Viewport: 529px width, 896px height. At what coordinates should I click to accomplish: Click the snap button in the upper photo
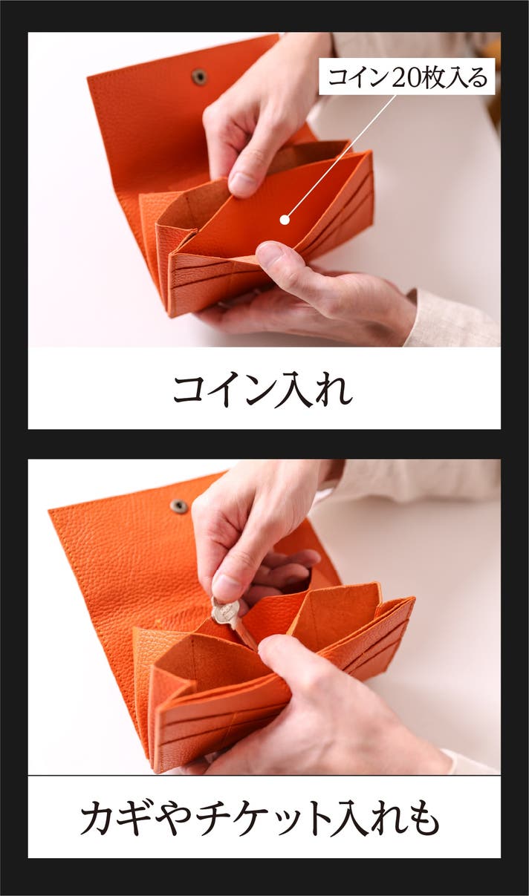[x=198, y=75]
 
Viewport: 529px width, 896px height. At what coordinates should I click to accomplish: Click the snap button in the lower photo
[x=178, y=506]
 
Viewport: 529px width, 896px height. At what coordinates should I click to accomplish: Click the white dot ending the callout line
[x=285, y=220]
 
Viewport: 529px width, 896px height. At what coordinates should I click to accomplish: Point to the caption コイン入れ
[x=262, y=389]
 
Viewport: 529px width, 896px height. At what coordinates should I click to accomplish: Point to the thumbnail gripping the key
[x=227, y=585]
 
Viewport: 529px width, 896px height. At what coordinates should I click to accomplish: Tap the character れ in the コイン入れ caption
[x=333, y=390]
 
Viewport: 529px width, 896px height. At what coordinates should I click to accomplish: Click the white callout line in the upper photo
[x=340, y=157]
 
